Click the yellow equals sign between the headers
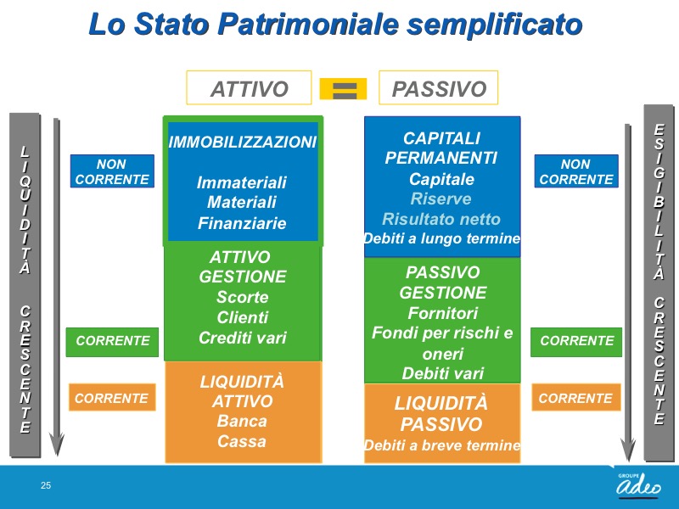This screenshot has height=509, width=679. pos(343,89)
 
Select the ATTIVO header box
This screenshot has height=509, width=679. pos(249,87)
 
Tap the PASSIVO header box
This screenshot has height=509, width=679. pos(439,87)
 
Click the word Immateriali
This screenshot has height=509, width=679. pos(242,182)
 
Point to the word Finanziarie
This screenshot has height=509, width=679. pos(242,223)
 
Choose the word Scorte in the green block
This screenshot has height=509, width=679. pos(243,297)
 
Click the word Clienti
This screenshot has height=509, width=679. pos(243,317)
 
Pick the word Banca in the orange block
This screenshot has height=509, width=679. pos(242,421)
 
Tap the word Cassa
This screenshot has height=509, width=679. pos(242,441)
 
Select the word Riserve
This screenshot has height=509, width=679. pos(441,199)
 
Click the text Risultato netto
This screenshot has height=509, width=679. pos(441,219)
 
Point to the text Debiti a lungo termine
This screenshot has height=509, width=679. pos(442,238)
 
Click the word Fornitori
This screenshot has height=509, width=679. pos(442,313)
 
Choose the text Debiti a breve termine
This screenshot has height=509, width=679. pos(442,445)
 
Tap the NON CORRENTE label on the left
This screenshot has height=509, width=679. pos(112,171)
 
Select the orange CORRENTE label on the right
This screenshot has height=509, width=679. pos(576,397)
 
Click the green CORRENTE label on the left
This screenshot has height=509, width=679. pos(112,342)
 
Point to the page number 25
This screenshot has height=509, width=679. pos(46,485)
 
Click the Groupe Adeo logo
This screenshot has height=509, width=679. pos(639,484)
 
